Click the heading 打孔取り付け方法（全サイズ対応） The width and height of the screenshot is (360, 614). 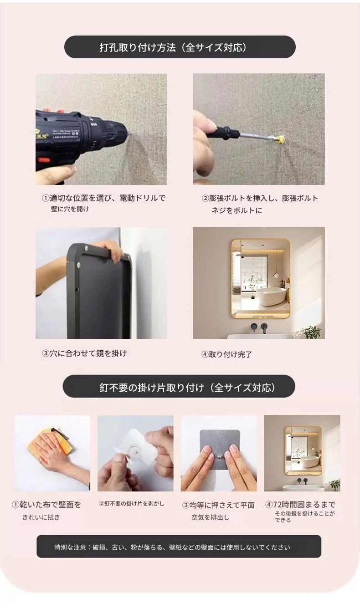click(173, 48)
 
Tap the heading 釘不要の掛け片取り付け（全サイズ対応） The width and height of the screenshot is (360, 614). click(187, 388)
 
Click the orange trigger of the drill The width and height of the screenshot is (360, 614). click(43, 160)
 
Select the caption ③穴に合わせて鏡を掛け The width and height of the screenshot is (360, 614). click(84, 353)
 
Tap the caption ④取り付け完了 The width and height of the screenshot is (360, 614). click(226, 354)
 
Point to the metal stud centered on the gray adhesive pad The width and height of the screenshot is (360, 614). click(220, 457)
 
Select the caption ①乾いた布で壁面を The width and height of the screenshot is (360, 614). click(46, 505)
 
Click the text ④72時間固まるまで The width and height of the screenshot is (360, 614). click(300, 504)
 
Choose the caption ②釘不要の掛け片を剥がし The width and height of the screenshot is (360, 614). click(131, 503)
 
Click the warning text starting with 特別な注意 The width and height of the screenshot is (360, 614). click(172, 547)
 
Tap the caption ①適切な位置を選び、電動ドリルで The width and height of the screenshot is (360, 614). click(103, 198)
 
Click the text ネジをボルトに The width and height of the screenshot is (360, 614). click(237, 210)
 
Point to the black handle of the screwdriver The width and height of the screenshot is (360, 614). click(228, 132)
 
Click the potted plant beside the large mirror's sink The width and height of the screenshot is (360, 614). click(313, 332)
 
